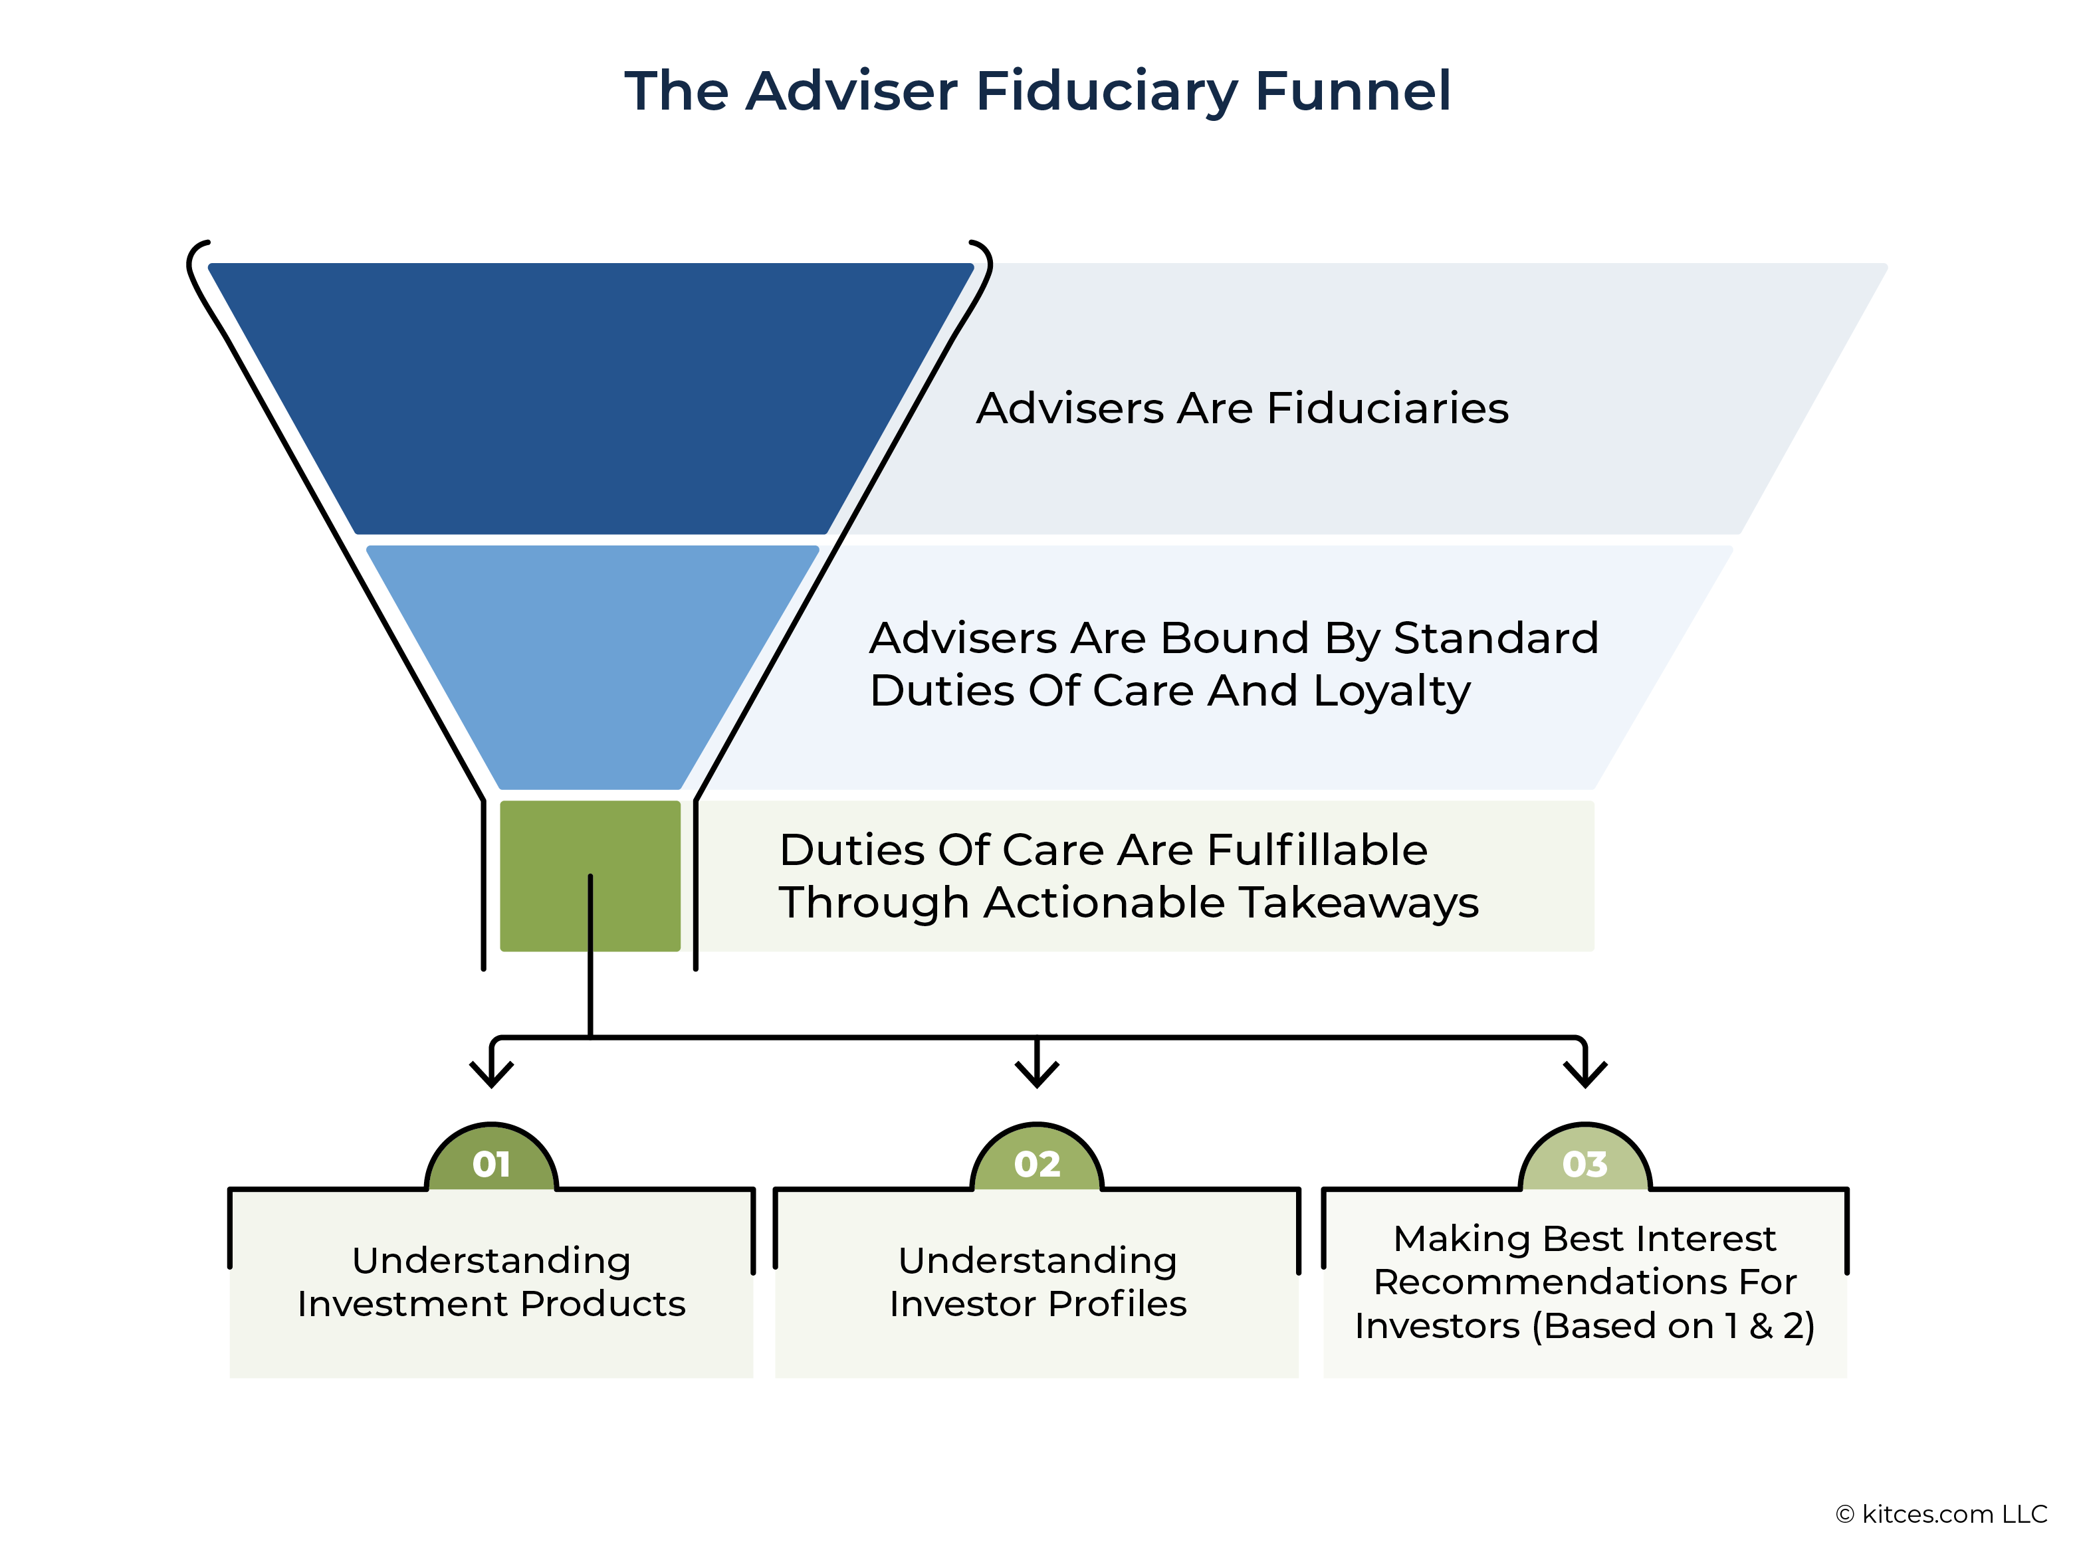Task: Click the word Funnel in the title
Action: [x=1353, y=91]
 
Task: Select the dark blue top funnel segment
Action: [x=590, y=398]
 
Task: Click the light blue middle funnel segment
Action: [x=592, y=667]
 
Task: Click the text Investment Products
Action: [x=491, y=1304]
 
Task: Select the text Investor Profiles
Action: [x=1038, y=1304]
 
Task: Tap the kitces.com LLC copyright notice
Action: [x=1941, y=1514]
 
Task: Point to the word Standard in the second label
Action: [x=1496, y=638]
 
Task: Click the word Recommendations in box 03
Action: [x=1542, y=1281]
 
